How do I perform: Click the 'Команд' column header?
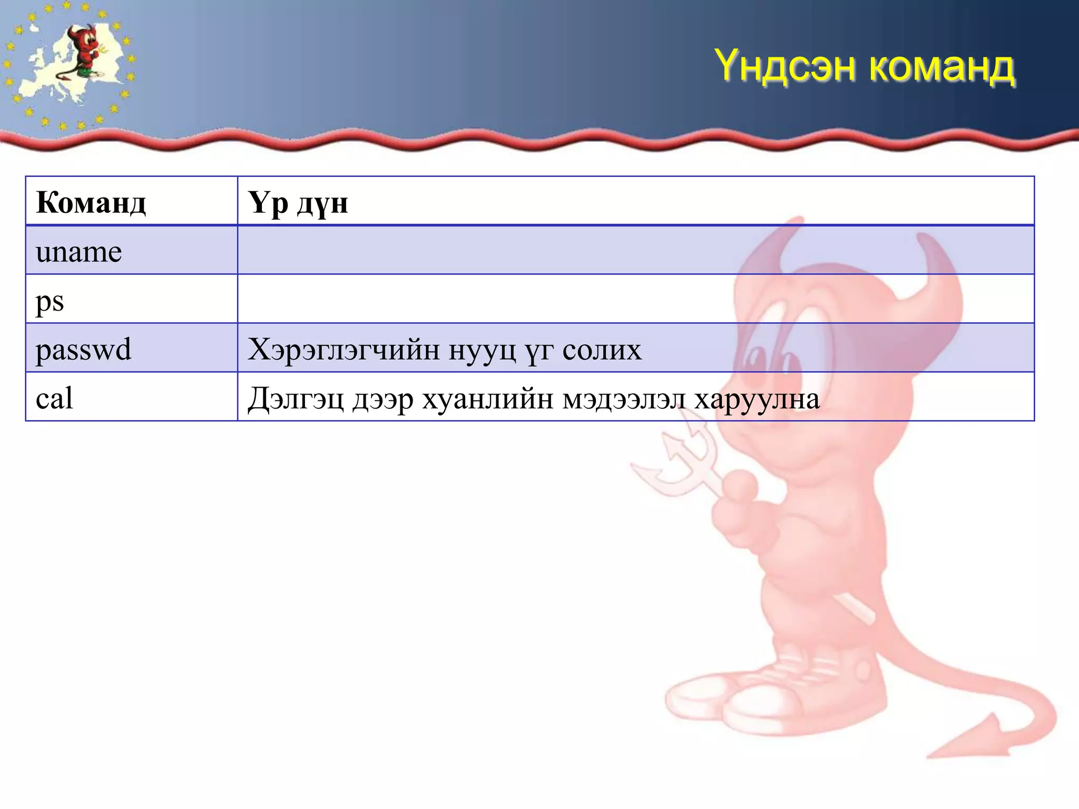pyautogui.click(x=91, y=202)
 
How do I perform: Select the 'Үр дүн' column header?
pyautogui.click(x=298, y=203)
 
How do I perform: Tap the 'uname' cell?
pyautogui.click(x=79, y=251)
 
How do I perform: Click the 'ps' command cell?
pyautogui.click(x=50, y=301)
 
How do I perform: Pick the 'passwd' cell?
pyautogui.click(x=83, y=349)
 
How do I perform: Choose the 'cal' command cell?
pyautogui.click(x=54, y=398)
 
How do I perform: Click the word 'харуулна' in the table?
pyautogui.click(x=757, y=399)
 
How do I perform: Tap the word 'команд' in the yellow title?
pyautogui.click(x=941, y=67)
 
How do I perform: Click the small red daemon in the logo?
pyautogui.click(x=84, y=53)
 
